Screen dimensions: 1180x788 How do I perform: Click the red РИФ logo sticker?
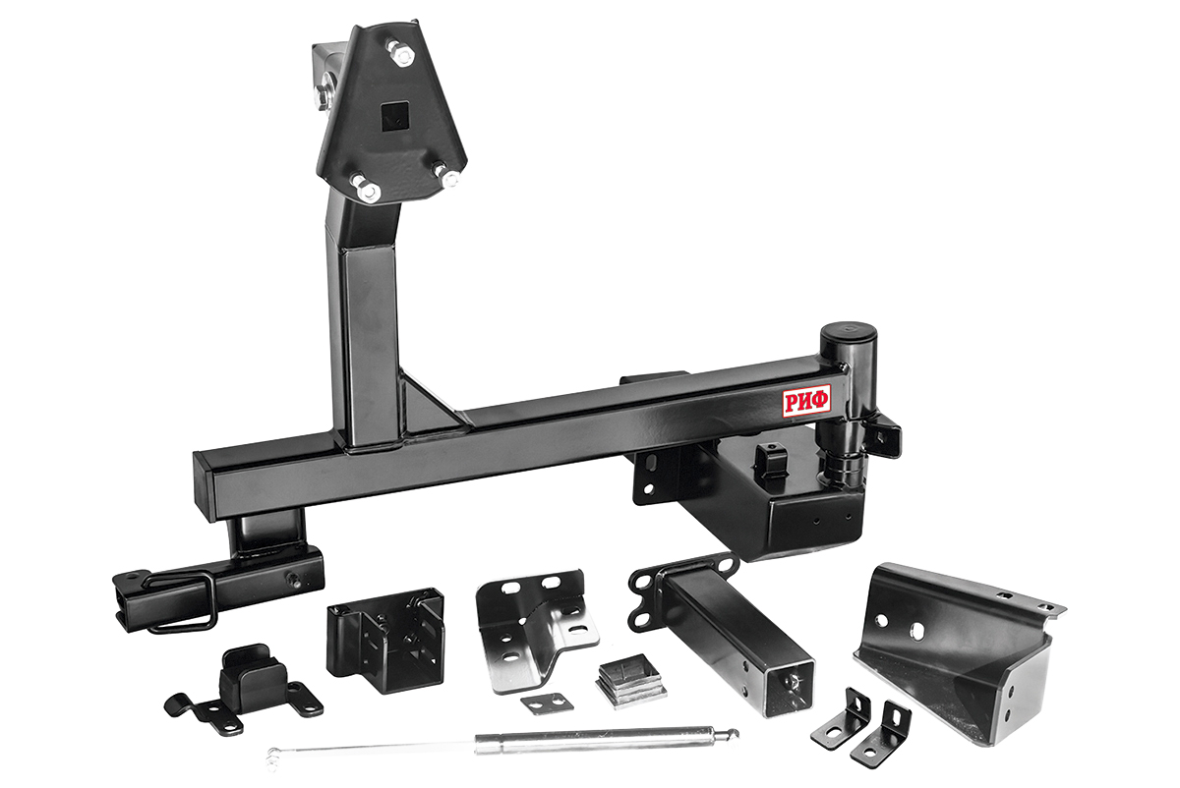[x=806, y=401]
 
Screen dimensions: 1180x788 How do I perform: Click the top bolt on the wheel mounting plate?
[x=400, y=53]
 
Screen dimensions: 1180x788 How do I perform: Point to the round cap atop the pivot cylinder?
[x=848, y=332]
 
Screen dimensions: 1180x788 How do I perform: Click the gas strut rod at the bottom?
[x=503, y=742]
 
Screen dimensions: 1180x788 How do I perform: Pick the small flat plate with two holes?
[x=547, y=704]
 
